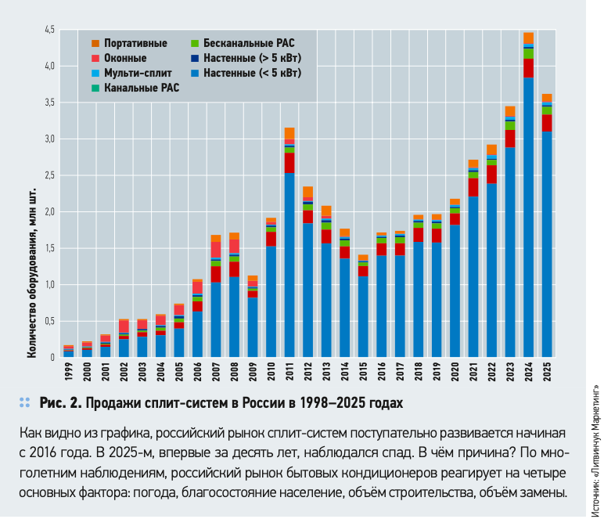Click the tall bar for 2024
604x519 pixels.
point(528,196)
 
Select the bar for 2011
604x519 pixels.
point(289,243)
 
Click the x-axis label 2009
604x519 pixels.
point(253,370)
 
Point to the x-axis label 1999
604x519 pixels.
point(69,370)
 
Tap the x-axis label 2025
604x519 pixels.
point(547,370)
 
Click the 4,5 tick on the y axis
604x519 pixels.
point(49,31)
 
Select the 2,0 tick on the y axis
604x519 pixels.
point(49,212)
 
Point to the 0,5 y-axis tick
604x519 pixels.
point(49,322)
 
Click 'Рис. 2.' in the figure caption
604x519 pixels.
point(60,404)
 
